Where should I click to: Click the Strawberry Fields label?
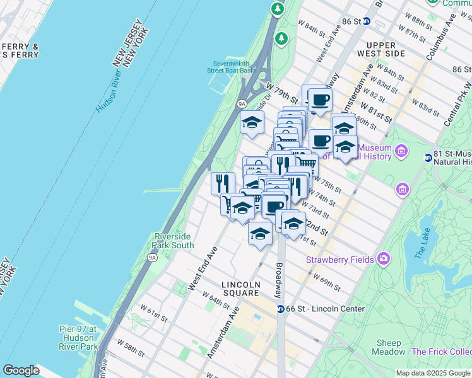(x=340, y=260)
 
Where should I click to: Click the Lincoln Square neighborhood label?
(x=241, y=289)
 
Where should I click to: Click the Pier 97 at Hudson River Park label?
(x=79, y=338)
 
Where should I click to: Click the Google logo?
(x=21, y=370)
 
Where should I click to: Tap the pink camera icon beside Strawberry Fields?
(x=384, y=259)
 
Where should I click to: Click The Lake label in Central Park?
(x=421, y=245)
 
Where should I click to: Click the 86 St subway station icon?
(x=368, y=21)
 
